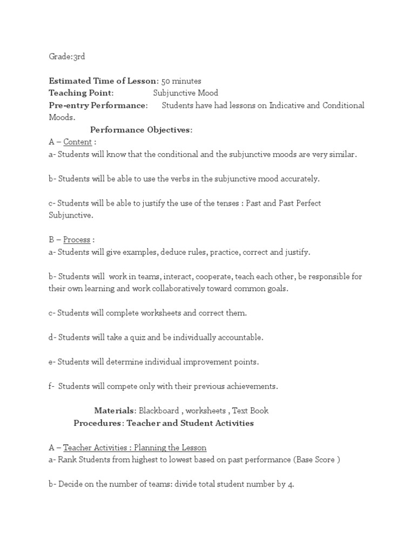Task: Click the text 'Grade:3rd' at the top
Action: [66, 56]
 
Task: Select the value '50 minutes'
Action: [181, 81]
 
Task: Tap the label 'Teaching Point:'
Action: [81, 93]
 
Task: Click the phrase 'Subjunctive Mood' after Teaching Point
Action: [185, 93]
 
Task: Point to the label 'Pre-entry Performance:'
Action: [98, 105]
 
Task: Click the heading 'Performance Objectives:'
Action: [141, 130]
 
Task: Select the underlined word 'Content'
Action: [77, 142]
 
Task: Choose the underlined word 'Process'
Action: [77, 240]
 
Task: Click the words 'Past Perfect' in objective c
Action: [298, 203]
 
